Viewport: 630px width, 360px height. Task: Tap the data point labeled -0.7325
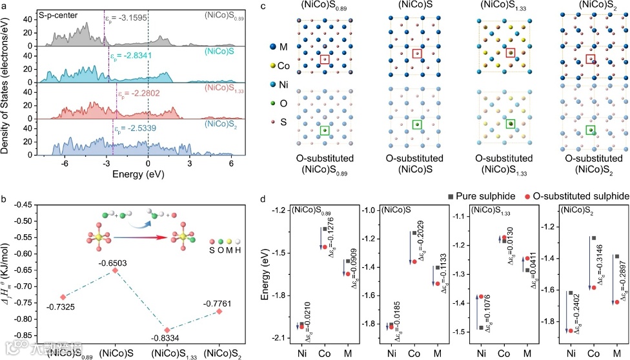pyautogui.click(x=63, y=297)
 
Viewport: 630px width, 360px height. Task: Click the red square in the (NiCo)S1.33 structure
pyautogui.click(x=510, y=54)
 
